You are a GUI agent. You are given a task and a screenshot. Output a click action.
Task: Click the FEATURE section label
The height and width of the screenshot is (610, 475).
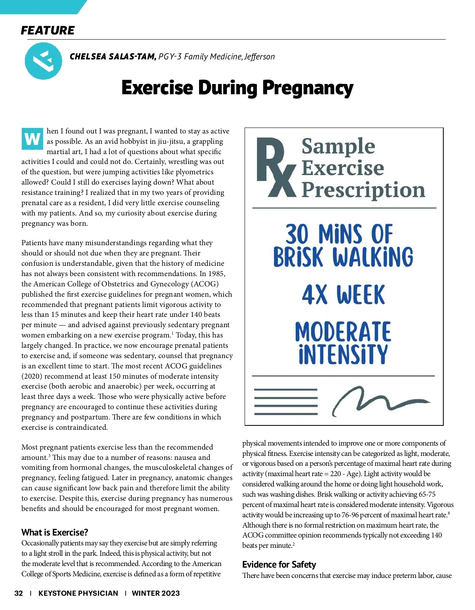[47, 30]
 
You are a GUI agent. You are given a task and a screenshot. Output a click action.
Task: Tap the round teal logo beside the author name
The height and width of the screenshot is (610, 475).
[43, 61]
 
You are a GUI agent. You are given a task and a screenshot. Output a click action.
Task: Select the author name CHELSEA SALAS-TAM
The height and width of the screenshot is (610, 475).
[113, 57]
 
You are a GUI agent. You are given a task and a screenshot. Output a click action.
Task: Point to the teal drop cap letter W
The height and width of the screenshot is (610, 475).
[32, 139]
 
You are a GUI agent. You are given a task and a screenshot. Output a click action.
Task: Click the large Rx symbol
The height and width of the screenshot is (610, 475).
[275, 168]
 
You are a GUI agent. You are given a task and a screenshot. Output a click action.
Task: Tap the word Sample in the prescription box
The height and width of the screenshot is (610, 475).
[338, 146]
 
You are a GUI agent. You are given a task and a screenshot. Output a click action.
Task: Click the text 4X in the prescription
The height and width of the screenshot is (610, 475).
[315, 295]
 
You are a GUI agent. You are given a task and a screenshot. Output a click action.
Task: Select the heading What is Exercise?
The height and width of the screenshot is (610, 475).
[55, 532]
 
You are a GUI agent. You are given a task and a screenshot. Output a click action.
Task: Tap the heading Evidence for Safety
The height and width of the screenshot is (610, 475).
[279, 564]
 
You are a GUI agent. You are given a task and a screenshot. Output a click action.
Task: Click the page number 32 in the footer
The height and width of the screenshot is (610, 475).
[19, 593]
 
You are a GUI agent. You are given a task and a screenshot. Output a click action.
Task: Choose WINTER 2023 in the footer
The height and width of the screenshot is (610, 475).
[156, 593]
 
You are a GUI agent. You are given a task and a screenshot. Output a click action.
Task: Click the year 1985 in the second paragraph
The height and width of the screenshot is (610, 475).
[216, 274]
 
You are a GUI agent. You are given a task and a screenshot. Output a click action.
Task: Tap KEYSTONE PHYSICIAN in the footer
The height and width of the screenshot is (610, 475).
[78, 593]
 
